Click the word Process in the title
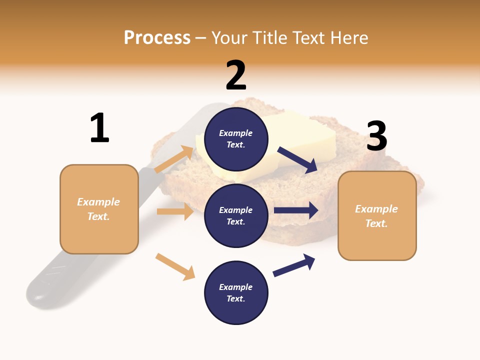point(157,38)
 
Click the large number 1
point(99,128)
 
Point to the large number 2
point(236,75)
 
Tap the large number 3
point(377,136)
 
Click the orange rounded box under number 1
point(99,209)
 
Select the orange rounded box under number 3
point(377,216)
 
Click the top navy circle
point(236,139)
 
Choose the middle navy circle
point(236,216)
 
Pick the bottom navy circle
point(236,293)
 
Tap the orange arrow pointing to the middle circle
point(175,211)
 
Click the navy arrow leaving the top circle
point(297,159)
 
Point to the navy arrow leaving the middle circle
point(295,210)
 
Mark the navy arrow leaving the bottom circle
point(294,265)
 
